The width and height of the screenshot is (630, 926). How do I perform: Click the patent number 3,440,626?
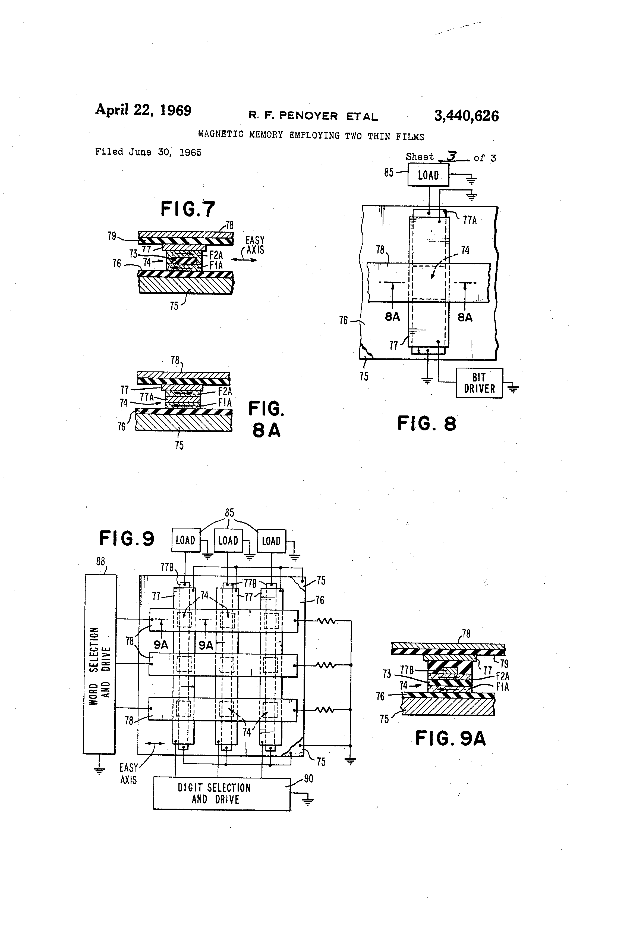[x=466, y=116]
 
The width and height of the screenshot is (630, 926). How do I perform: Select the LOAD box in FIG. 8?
[x=428, y=175]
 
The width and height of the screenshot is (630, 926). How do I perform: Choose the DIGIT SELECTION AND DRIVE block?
[x=221, y=793]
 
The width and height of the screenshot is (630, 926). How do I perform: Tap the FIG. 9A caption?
[x=451, y=738]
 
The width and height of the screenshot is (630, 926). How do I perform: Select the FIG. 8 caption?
[x=427, y=423]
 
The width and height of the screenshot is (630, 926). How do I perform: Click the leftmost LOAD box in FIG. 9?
[x=185, y=540]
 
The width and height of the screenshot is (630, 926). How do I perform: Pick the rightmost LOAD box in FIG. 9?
[x=271, y=541]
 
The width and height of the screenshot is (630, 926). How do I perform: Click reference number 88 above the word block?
[x=100, y=561]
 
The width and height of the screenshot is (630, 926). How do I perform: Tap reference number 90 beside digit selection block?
[x=308, y=778]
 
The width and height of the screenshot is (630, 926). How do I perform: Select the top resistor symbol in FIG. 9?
[x=326, y=620]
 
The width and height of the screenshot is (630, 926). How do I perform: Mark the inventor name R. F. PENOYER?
[x=293, y=116]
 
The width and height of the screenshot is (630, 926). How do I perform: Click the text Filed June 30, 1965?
[x=148, y=152]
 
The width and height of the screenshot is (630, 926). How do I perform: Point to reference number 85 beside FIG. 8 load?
[x=389, y=172]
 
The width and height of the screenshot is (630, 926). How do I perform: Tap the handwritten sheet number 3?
[x=452, y=156]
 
